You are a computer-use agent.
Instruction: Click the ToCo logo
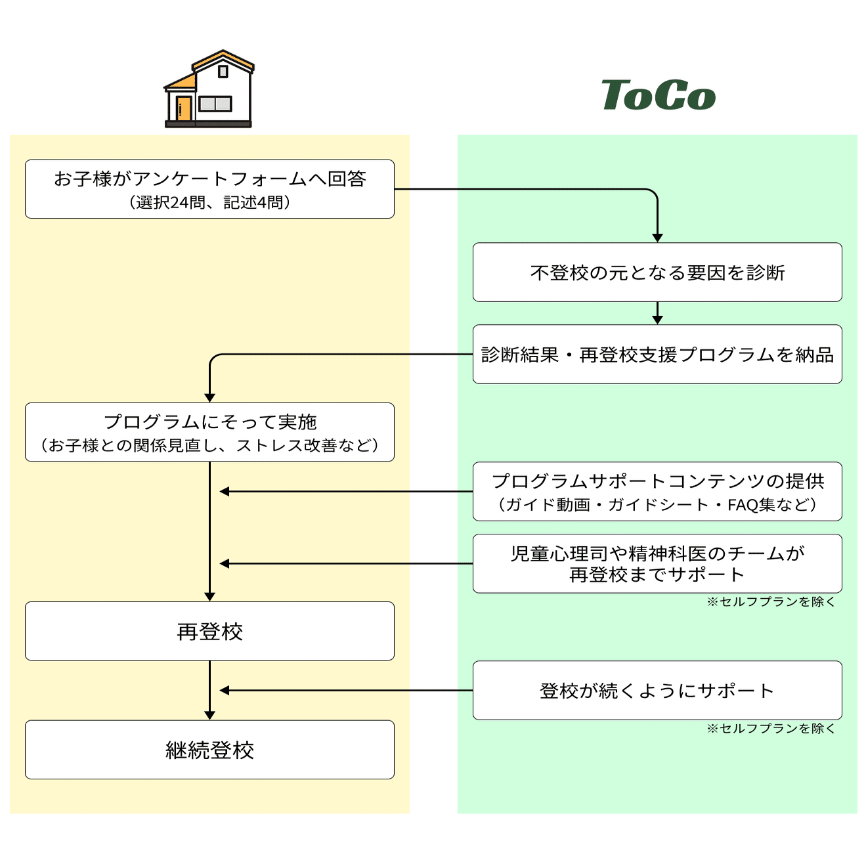[x=658, y=95]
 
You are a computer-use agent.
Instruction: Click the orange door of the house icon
[x=183, y=108]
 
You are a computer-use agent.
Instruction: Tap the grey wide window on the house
[x=215, y=104]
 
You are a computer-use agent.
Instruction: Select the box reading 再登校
[x=209, y=631]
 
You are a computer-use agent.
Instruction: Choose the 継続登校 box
[x=209, y=750]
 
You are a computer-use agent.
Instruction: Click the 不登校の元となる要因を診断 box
[x=657, y=272]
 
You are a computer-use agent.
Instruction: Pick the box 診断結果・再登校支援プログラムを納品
[x=657, y=355]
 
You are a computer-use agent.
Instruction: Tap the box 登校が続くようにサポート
[x=657, y=691]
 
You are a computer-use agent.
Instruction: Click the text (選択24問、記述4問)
[x=209, y=202]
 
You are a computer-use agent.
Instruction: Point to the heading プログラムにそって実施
[x=209, y=422]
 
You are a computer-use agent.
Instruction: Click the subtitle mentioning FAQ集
[x=657, y=505]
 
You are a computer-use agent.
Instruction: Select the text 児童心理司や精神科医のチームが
[x=657, y=553]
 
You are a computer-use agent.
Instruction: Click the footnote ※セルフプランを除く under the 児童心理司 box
[x=771, y=602]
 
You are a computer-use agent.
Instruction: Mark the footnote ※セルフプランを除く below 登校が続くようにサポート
[x=771, y=729]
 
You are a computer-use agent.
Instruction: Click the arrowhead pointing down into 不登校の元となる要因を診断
[x=657, y=238]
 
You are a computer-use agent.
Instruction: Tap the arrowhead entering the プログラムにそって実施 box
[x=209, y=398]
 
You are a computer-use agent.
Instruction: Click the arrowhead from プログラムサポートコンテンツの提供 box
[x=225, y=492]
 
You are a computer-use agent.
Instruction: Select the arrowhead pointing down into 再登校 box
[x=209, y=597]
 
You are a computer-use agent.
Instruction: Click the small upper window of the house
[x=223, y=71]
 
